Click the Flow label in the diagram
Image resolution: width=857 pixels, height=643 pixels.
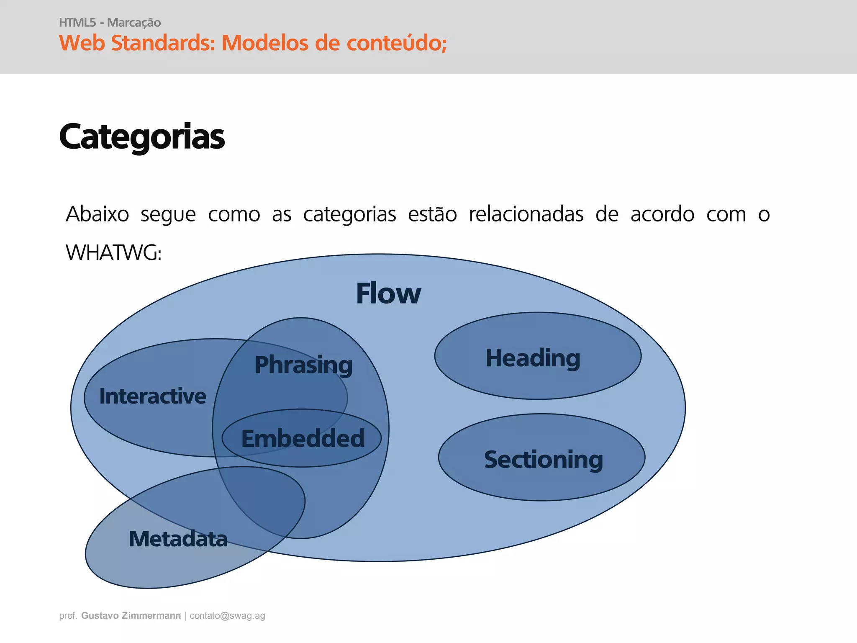pyautogui.click(x=388, y=293)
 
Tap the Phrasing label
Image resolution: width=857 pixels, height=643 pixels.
pyautogui.click(x=304, y=365)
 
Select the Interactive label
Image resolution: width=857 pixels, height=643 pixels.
pyautogui.click(x=153, y=396)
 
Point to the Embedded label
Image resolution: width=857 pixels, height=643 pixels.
pyautogui.click(x=303, y=439)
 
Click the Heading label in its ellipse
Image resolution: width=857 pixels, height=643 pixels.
pyautogui.click(x=533, y=358)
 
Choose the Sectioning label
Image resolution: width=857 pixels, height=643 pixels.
pyautogui.click(x=543, y=460)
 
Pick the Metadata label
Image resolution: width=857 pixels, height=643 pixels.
pyautogui.click(x=178, y=539)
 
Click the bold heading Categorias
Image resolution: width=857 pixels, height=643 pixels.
pyautogui.click(x=142, y=137)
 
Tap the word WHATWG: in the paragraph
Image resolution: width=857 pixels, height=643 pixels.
pyautogui.click(x=113, y=253)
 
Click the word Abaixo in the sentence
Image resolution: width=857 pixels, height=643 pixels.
pyautogui.click(x=98, y=214)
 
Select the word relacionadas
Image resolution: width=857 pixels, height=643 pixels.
pyautogui.click(x=526, y=214)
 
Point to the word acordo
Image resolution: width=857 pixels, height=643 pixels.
pyautogui.click(x=662, y=214)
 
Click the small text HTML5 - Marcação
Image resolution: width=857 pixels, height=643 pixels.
pyautogui.click(x=110, y=23)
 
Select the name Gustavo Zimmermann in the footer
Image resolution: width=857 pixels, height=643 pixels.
pyautogui.click(x=131, y=616)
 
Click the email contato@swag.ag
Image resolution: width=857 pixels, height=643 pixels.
pyautogui.click(x=227, y=616)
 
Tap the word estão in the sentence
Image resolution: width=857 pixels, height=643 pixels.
pyautogui.click(x=432, y=214)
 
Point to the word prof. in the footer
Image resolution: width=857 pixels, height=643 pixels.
pyautogui.click(x=68, y=616)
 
